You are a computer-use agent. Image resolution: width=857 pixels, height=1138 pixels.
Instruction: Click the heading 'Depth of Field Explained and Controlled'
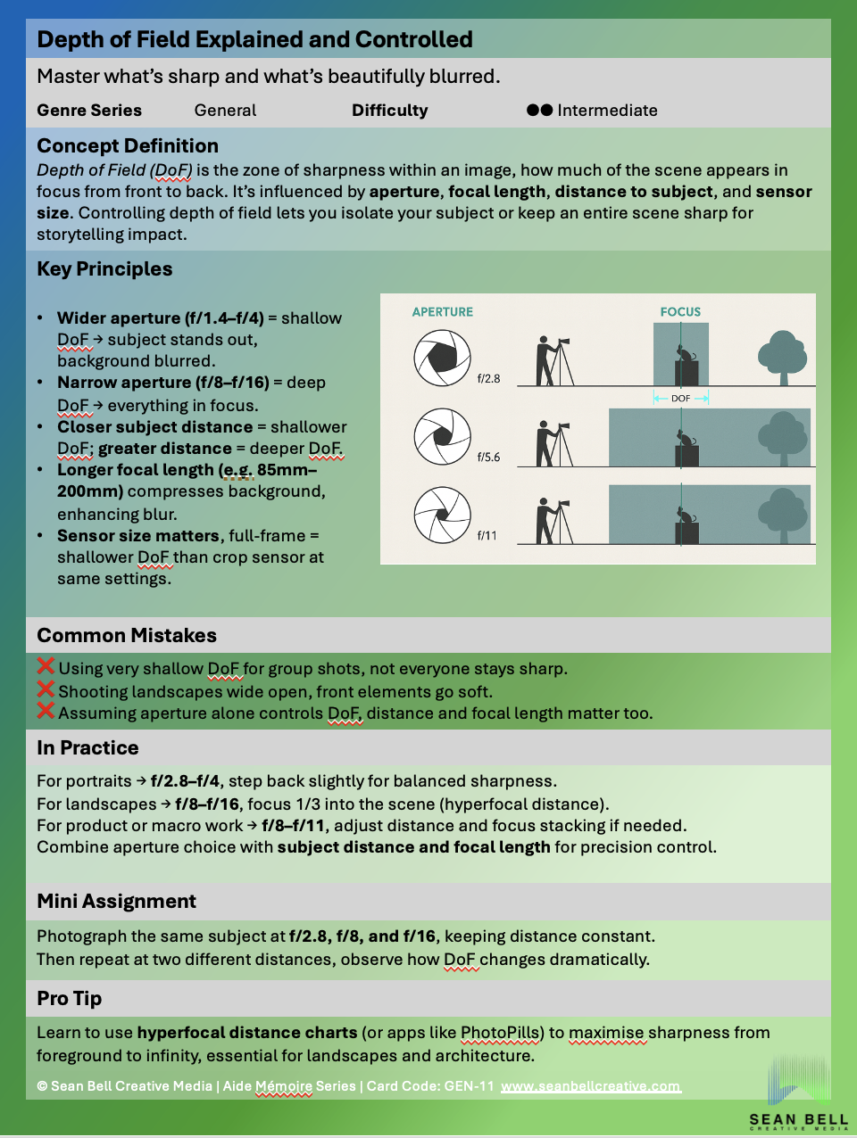point(254,40)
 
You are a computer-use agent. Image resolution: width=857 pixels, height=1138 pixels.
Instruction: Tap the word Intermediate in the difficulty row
point(607,111)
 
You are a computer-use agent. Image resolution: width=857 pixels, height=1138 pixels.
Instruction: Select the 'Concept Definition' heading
point(128,146)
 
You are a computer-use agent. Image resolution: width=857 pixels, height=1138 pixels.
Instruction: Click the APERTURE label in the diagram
point(443,312)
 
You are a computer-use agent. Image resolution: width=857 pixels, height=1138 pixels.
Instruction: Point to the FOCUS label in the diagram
point(680,312)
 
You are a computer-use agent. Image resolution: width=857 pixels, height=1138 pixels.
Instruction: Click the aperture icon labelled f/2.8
point(442,358)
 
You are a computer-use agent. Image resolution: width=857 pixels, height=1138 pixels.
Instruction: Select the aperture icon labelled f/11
point(442,515)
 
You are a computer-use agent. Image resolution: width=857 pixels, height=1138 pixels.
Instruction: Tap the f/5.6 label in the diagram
point(488,458)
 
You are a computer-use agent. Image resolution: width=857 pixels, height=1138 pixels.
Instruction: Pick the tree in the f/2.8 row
point(782,356)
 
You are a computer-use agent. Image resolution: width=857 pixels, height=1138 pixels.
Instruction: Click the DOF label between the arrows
point(680,399)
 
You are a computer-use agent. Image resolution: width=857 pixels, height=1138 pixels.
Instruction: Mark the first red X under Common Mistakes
point(46,666)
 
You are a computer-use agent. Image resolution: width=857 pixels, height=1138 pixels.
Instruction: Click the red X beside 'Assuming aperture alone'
point(46,711)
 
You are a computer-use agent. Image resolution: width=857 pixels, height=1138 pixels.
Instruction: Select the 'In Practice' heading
point(87,748)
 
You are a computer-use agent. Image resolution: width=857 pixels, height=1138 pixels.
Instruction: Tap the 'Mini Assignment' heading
point(116,902)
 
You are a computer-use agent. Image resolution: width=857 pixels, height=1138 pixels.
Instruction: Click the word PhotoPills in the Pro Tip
point(500,1033)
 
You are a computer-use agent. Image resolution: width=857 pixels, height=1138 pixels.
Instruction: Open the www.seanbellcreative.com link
point(590,1086)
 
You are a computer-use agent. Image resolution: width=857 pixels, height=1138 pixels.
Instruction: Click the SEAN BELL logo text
point(798,1119)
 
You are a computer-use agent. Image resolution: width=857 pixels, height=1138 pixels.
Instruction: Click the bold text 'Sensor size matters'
point(137,536)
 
